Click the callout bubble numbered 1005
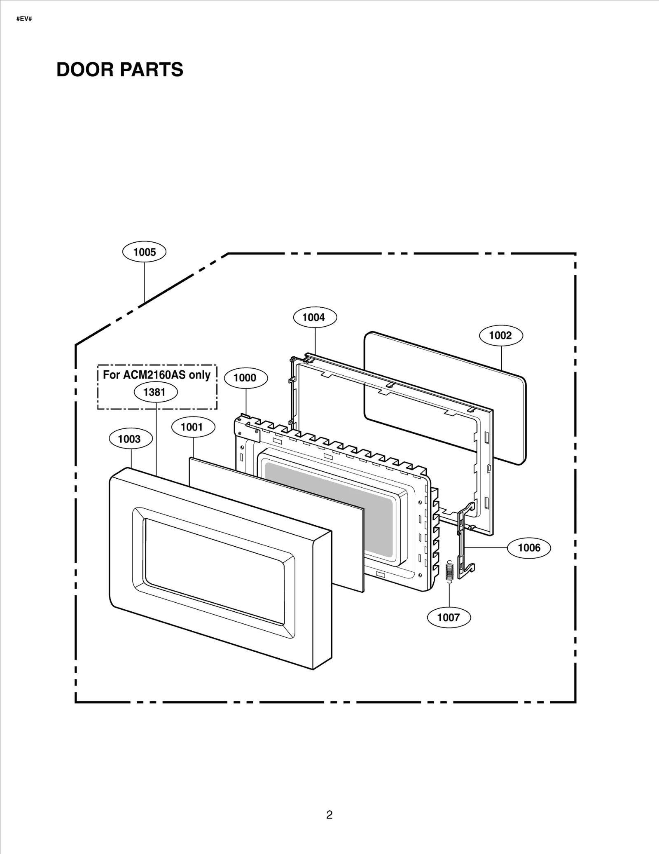(x=144, y=252)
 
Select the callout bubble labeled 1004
(x=315, y=317)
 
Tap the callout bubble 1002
(x=501, y=335)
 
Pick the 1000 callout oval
(x=245, y=378)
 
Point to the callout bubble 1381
(x=156, y=392)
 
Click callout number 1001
(x=193, y=427)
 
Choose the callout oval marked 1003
(x=130, y=439)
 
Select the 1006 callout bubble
(x=529, y=547)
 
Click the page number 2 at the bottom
(x=329, y=814)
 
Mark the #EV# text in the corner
(x=24, y=19)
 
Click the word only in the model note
(x=200, y=375)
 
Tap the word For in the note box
(x=111, y=375)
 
